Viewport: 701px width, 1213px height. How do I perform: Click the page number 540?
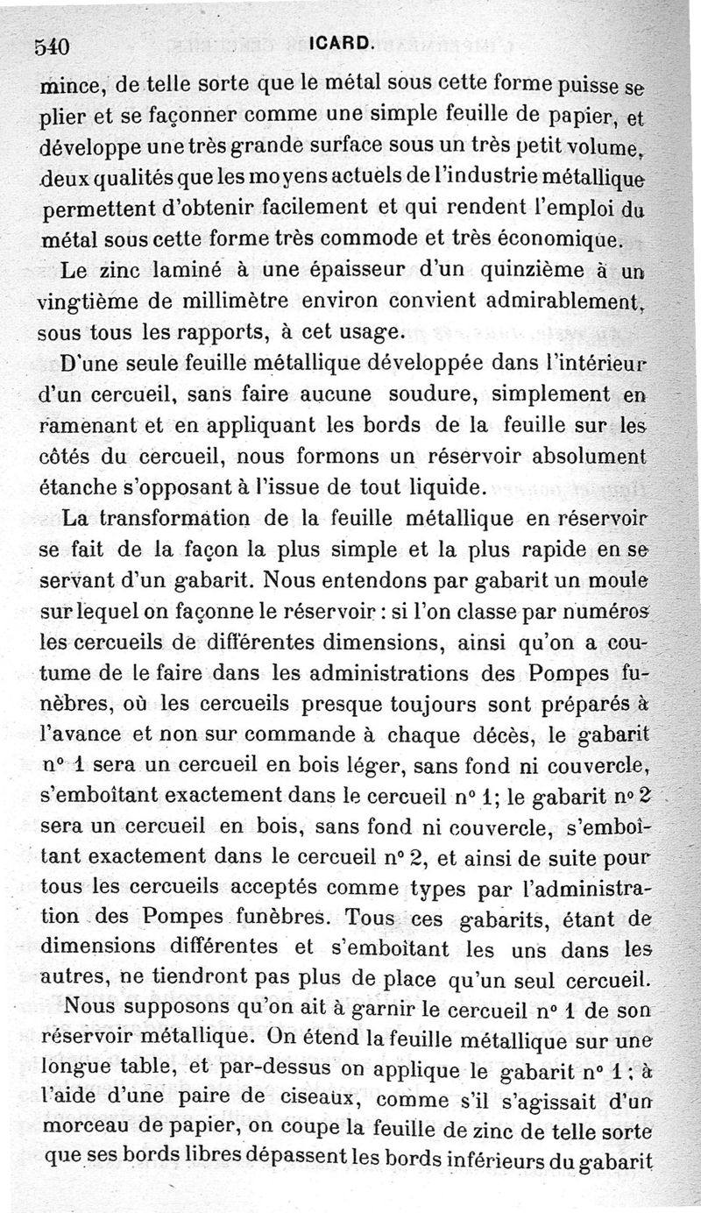[x=53, y=46]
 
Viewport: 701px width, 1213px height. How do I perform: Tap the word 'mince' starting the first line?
[x=73, y=86]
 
